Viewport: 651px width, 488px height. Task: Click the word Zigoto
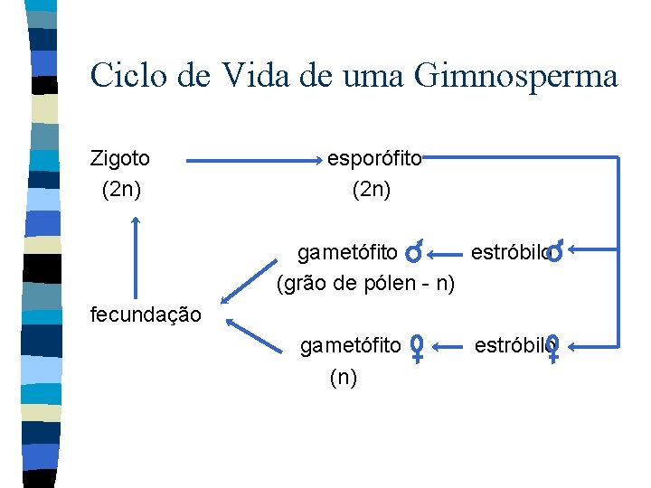click(x=120, y=159)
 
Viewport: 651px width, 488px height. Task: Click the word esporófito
click(x=374, y=159)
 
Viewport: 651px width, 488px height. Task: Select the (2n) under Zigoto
click(x=120, y=190)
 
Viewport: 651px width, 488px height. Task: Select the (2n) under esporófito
click(x=371, y=190)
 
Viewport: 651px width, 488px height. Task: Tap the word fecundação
click(x=146, y=314)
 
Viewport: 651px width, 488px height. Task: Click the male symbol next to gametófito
click(x=414, y=252)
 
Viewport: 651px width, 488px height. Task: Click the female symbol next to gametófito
click(x=417, y=348)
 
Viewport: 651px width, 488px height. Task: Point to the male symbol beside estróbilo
click(x=557, y=250)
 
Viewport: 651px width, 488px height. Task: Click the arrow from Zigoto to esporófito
click(x=255, y=161)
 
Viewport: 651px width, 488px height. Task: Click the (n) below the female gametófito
click(x=343, y=377)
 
